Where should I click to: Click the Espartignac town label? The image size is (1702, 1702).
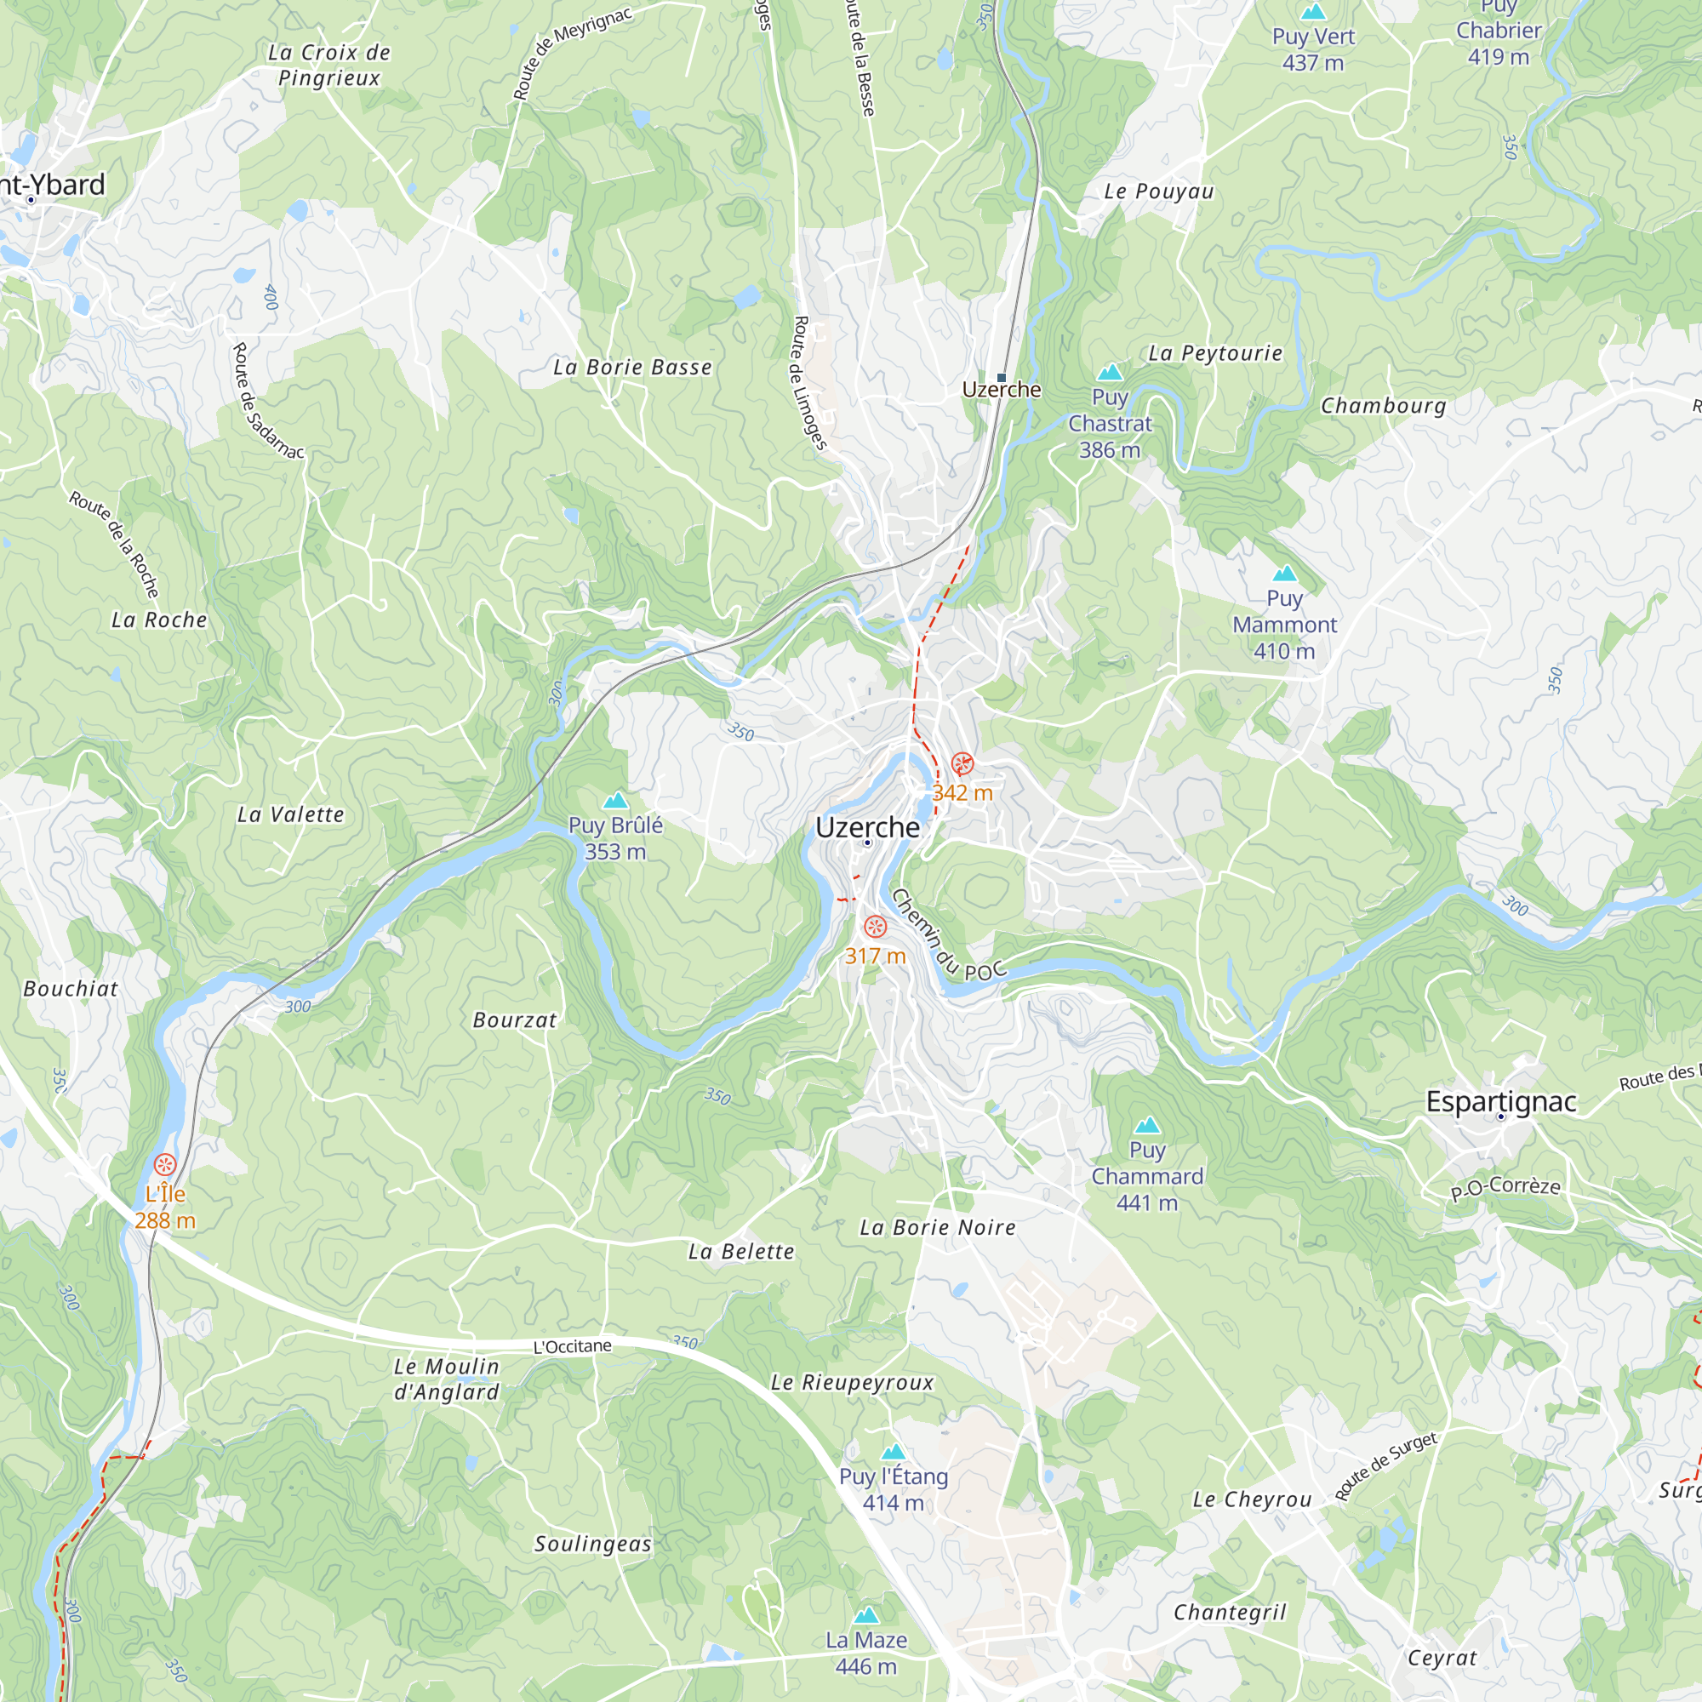1501,1102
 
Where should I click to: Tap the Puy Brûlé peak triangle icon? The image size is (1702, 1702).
616,800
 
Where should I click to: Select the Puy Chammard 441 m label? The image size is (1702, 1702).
1147,1176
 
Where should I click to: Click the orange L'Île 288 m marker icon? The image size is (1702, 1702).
165,1165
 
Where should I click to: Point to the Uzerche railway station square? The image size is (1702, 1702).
1001,378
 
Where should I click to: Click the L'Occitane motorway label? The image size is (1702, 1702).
573,1346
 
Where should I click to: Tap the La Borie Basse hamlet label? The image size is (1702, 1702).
632,368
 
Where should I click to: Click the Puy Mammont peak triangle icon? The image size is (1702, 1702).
1284,574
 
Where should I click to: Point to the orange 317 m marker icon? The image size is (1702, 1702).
875,927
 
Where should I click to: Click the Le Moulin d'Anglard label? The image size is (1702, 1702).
447,1379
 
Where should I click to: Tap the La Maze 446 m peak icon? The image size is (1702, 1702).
867,1616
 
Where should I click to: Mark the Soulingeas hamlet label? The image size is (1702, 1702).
593,1545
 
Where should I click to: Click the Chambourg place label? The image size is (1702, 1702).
1383,406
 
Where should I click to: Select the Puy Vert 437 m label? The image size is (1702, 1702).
1312,49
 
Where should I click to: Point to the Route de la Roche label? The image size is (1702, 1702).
116,544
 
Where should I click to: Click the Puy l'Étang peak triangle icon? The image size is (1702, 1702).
894,1452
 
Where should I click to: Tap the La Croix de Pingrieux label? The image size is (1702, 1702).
329,66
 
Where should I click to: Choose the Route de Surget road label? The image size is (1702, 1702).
1385,1467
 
